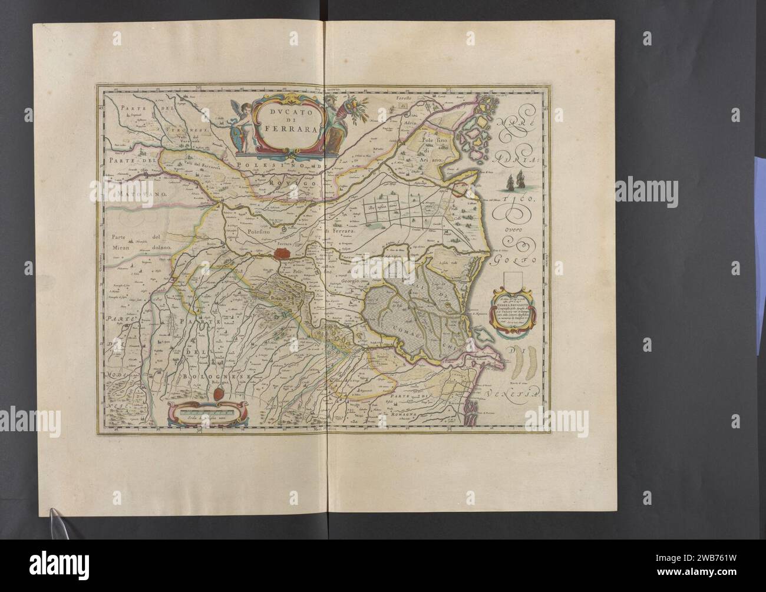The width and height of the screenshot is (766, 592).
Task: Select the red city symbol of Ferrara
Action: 283,254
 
